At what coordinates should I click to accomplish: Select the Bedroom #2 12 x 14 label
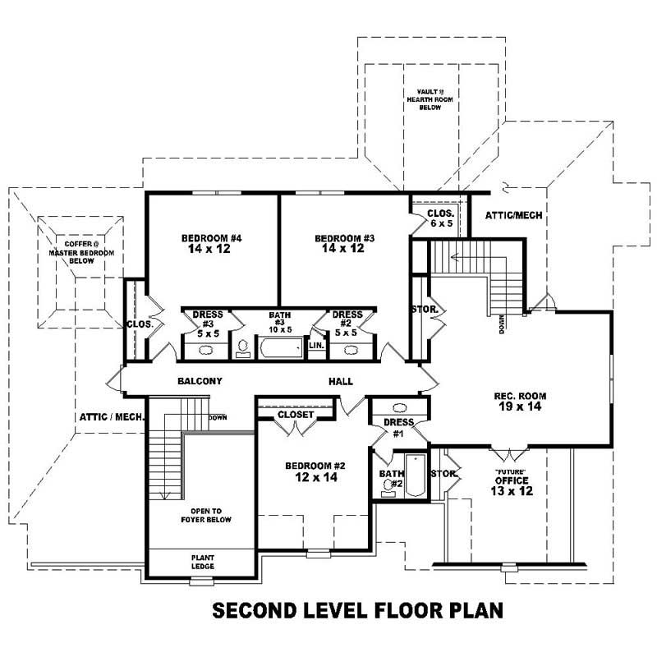315,472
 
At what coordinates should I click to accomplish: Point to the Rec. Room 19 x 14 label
520,402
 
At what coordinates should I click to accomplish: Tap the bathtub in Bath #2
415,476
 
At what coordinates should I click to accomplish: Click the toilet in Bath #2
388,489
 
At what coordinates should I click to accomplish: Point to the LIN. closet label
316,346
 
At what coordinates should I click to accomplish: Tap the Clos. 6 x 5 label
439,218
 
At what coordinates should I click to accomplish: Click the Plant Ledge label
201,561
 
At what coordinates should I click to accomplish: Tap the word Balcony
200,382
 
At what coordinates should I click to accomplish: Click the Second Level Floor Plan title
357,611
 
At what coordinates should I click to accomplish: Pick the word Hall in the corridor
340,382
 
